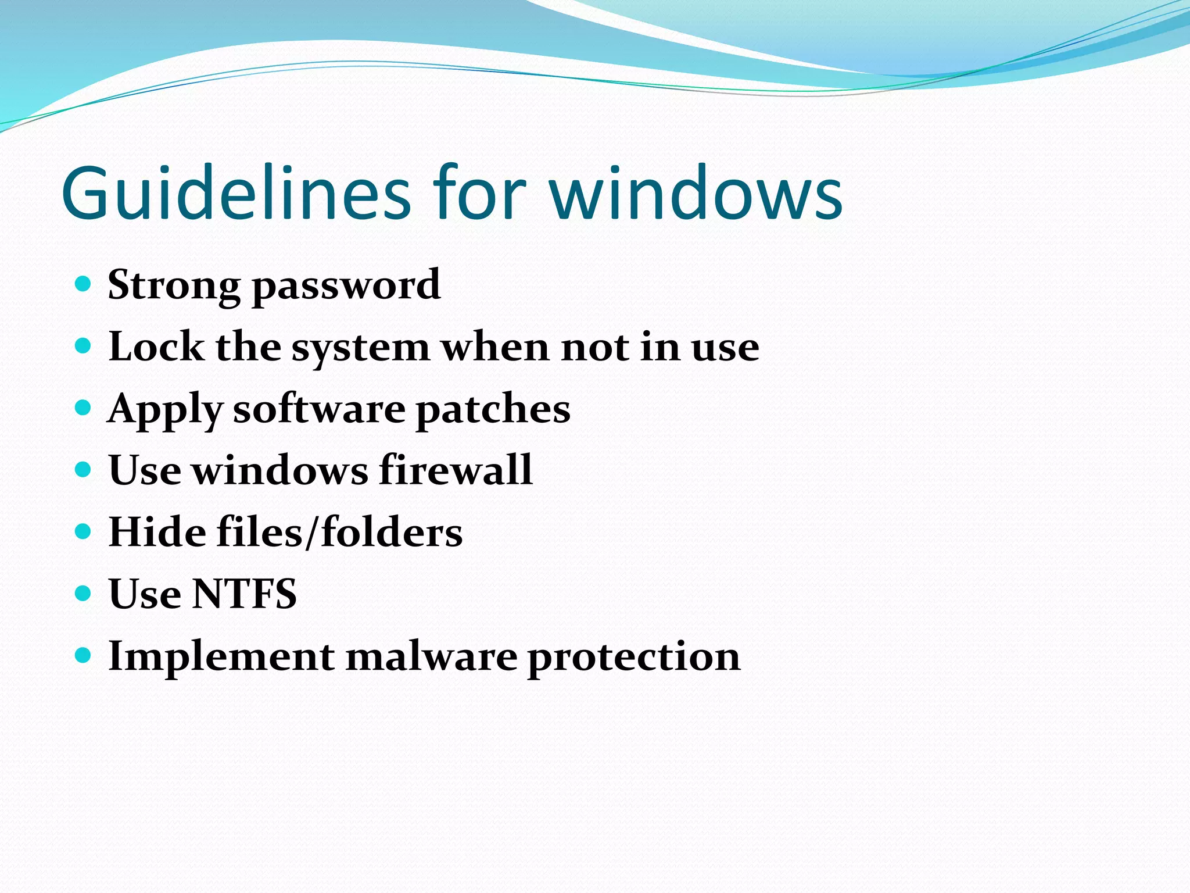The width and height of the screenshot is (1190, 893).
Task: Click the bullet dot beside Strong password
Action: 84,284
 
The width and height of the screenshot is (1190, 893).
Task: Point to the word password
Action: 346,286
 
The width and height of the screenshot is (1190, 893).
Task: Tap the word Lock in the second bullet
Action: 156,347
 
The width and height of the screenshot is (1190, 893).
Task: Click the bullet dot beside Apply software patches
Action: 84,408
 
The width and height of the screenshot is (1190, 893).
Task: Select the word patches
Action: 493,409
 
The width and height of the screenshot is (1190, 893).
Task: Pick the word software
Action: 319,409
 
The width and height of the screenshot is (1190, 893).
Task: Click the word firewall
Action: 456,470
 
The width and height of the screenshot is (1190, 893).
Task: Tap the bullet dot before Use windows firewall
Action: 84,469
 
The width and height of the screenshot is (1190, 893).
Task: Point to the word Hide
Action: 157,532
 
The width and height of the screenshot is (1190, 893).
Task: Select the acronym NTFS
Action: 245,594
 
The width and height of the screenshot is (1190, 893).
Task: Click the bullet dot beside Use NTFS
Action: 84,593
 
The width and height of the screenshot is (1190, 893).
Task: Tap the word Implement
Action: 221,657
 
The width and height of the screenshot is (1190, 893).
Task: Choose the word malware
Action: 431,657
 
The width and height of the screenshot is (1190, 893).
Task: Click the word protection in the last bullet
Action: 634,658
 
